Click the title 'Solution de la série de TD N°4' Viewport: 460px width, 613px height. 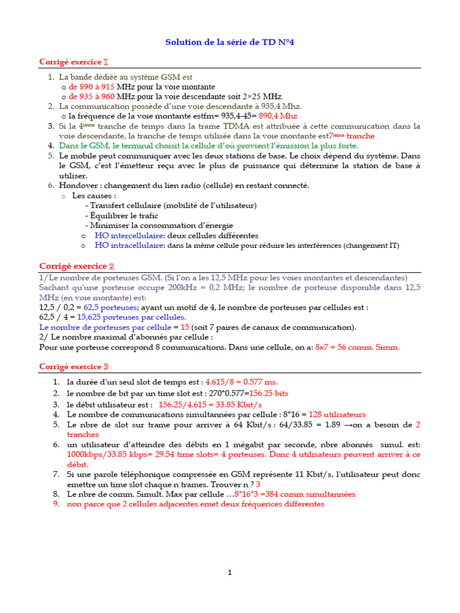pyautogui.click(x=230, y=43)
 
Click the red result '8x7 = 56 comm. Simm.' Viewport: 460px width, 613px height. pyautogui.click(x=357, y=347)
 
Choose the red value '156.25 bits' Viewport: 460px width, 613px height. pyautogui.click(x=268, y=393)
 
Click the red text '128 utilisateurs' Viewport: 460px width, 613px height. pyautogui.click(x=337, y=414)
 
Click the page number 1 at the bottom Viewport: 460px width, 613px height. pyautogui.click(x=229, y=573)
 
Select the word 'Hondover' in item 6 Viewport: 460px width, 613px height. pyautogui.click(x=77, y=186)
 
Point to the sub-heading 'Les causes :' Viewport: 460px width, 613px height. pyautogui.click(x=94, y=195)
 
